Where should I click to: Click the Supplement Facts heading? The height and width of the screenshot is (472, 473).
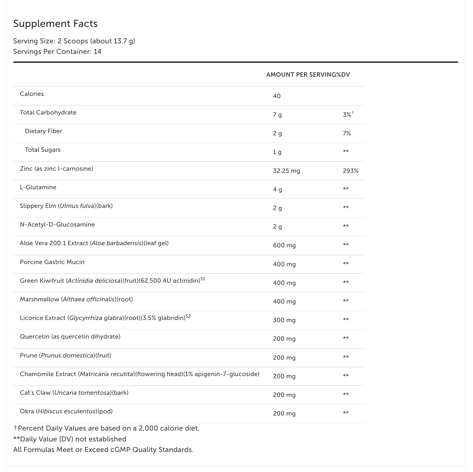pyautogui.click(x=55, y=24)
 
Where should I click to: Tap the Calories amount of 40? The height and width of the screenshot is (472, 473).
pyautogui.click(x=277, y=96)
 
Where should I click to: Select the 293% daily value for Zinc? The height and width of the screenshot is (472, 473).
pyautogui.click(x=350, y=171)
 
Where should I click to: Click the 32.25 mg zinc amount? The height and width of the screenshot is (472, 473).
pyautogui.click(x=286, y=171)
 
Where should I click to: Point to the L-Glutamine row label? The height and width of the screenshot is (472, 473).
pyautogui.click(x=38, y=187)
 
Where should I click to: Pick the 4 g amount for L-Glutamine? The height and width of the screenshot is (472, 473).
pyautogui.click(x=277, y=190)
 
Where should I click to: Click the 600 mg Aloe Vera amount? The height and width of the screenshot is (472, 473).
pyautogui.click(x=284, y=245)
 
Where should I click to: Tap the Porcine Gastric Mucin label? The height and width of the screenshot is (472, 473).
pyautogui.click(x=52, y=262)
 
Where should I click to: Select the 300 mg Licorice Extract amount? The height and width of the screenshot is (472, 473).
pyautogui.click(x=284, y=320)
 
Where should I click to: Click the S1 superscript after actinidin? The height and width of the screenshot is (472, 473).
pyautogui.click(x=203, y=279)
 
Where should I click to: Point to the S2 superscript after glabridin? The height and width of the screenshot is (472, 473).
pyautogui.click(x=188, y=316)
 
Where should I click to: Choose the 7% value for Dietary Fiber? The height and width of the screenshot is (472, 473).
pyautogui.click(x=347, y=133)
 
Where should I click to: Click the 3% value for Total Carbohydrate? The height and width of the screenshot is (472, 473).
pyautogui.click(x=347, y=115)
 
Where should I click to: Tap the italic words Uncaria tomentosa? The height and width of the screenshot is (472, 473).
pyautogui.click(x=82, y=393)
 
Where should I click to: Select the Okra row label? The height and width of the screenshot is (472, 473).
pyautogui.click(x=66, y=411)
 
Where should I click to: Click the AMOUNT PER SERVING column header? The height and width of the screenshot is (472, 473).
pyautogui.click(x=301, y=75)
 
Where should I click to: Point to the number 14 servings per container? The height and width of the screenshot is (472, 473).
pyautogui.click(x=98, y=52)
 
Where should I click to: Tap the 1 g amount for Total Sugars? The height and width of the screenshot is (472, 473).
pyautogui.click(x=277, y=152)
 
